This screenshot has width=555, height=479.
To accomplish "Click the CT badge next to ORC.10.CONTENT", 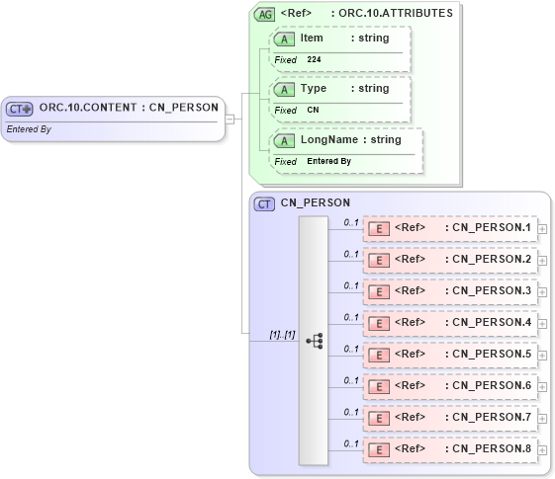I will (x=21, y=108).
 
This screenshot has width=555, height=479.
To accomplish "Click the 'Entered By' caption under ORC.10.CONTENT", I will (x=29, y=129).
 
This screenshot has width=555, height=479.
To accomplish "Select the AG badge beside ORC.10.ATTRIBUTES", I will (x=264, y=14).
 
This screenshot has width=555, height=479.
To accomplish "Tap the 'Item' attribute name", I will (x=312, y=38).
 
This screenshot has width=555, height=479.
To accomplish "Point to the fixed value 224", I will (x=314, y=60).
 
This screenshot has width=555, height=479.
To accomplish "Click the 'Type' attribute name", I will (x=313, y=89).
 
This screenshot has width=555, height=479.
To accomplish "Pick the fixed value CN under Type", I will (x=313, y=111).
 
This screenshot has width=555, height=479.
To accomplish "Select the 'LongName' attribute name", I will (x=328, y=140).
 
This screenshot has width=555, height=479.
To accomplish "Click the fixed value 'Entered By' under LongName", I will (x=328, y=162).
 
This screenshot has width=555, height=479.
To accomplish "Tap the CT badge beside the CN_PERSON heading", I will (x=264, y=203).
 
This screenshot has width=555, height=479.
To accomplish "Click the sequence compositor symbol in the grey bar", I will (x=314, y=341).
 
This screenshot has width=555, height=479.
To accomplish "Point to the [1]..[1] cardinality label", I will (x=283, y=335).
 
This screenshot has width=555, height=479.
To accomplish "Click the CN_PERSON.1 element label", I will (x=488, y=228).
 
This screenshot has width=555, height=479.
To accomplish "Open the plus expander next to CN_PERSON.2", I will (x=542, y=260).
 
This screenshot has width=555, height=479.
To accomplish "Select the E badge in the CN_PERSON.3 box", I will (x=378, y=291).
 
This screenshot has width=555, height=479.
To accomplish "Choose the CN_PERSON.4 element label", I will (x=488, y=323).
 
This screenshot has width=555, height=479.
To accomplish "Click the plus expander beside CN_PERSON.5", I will (x=542, y=355).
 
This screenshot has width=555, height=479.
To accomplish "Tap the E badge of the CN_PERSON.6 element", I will (x=378, y=386).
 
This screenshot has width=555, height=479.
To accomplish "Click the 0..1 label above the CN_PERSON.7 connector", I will (x=350, y=412).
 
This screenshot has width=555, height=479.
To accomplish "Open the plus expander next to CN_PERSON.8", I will (x=542, y=449).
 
